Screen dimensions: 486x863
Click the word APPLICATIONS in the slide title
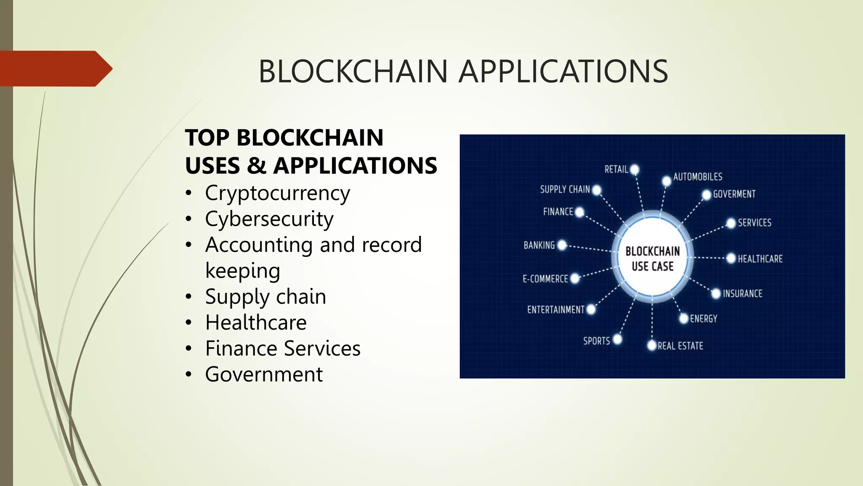pos(563,71)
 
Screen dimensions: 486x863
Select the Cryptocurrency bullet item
pos(277,193)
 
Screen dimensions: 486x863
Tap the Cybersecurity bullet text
pos(269,219)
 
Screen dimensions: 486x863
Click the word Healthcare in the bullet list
pos(256,323)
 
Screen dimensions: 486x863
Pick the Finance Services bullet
pos(283,348)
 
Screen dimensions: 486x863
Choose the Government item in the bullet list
pos(264,374)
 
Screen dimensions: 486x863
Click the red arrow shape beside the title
pos(55,69)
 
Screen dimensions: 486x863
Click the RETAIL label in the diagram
pos(616,170)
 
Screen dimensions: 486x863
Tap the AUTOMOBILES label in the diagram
pos(697,177)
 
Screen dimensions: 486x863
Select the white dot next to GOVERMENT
pos(707,195)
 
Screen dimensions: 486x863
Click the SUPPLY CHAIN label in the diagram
pos(565,189)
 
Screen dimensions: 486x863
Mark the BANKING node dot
pos(562,245)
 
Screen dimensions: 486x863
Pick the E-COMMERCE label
pos(545,279)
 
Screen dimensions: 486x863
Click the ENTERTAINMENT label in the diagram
pos(555,310)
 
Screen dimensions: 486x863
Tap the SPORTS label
pos(596,341)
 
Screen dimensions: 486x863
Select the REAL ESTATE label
pos(680,346)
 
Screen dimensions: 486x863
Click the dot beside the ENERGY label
pos(684,319)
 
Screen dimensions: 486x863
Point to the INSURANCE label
pos(742,294)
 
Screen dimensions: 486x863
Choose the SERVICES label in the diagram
pos(754,223)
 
